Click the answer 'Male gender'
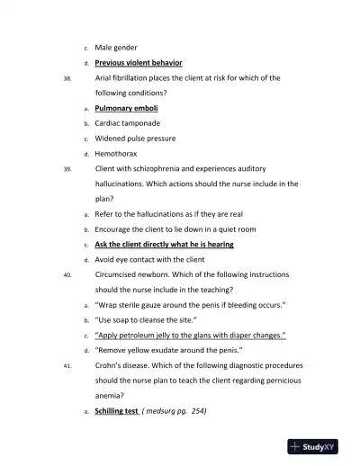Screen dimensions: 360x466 pyautogui.click(x=116, y=48)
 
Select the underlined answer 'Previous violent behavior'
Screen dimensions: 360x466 pyautogui.click(x=139, y=63)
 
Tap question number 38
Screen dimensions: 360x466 pyautogui.click(x=67, y=78)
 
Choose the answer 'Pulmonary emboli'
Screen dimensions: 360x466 pyautogui.click(x=127, y=108)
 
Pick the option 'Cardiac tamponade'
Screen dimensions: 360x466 pyautogui.click(x=128, y=123)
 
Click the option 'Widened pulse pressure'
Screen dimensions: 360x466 pyautogui.click(x=135, y=139)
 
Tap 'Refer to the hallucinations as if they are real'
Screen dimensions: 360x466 pyautogui.click(x=169, y=214)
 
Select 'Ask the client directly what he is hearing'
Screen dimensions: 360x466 pyautogui.click(x=164, y=245)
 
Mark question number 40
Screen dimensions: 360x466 pyautogui.click(x=67, y=275)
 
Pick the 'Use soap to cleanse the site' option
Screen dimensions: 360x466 pyautogui.click(x=146, y=320)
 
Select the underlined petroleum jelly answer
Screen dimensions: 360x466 pyautogui.click(x=191, y=336)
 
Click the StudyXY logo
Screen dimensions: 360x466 pyautogui.click(x=313, y=447)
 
